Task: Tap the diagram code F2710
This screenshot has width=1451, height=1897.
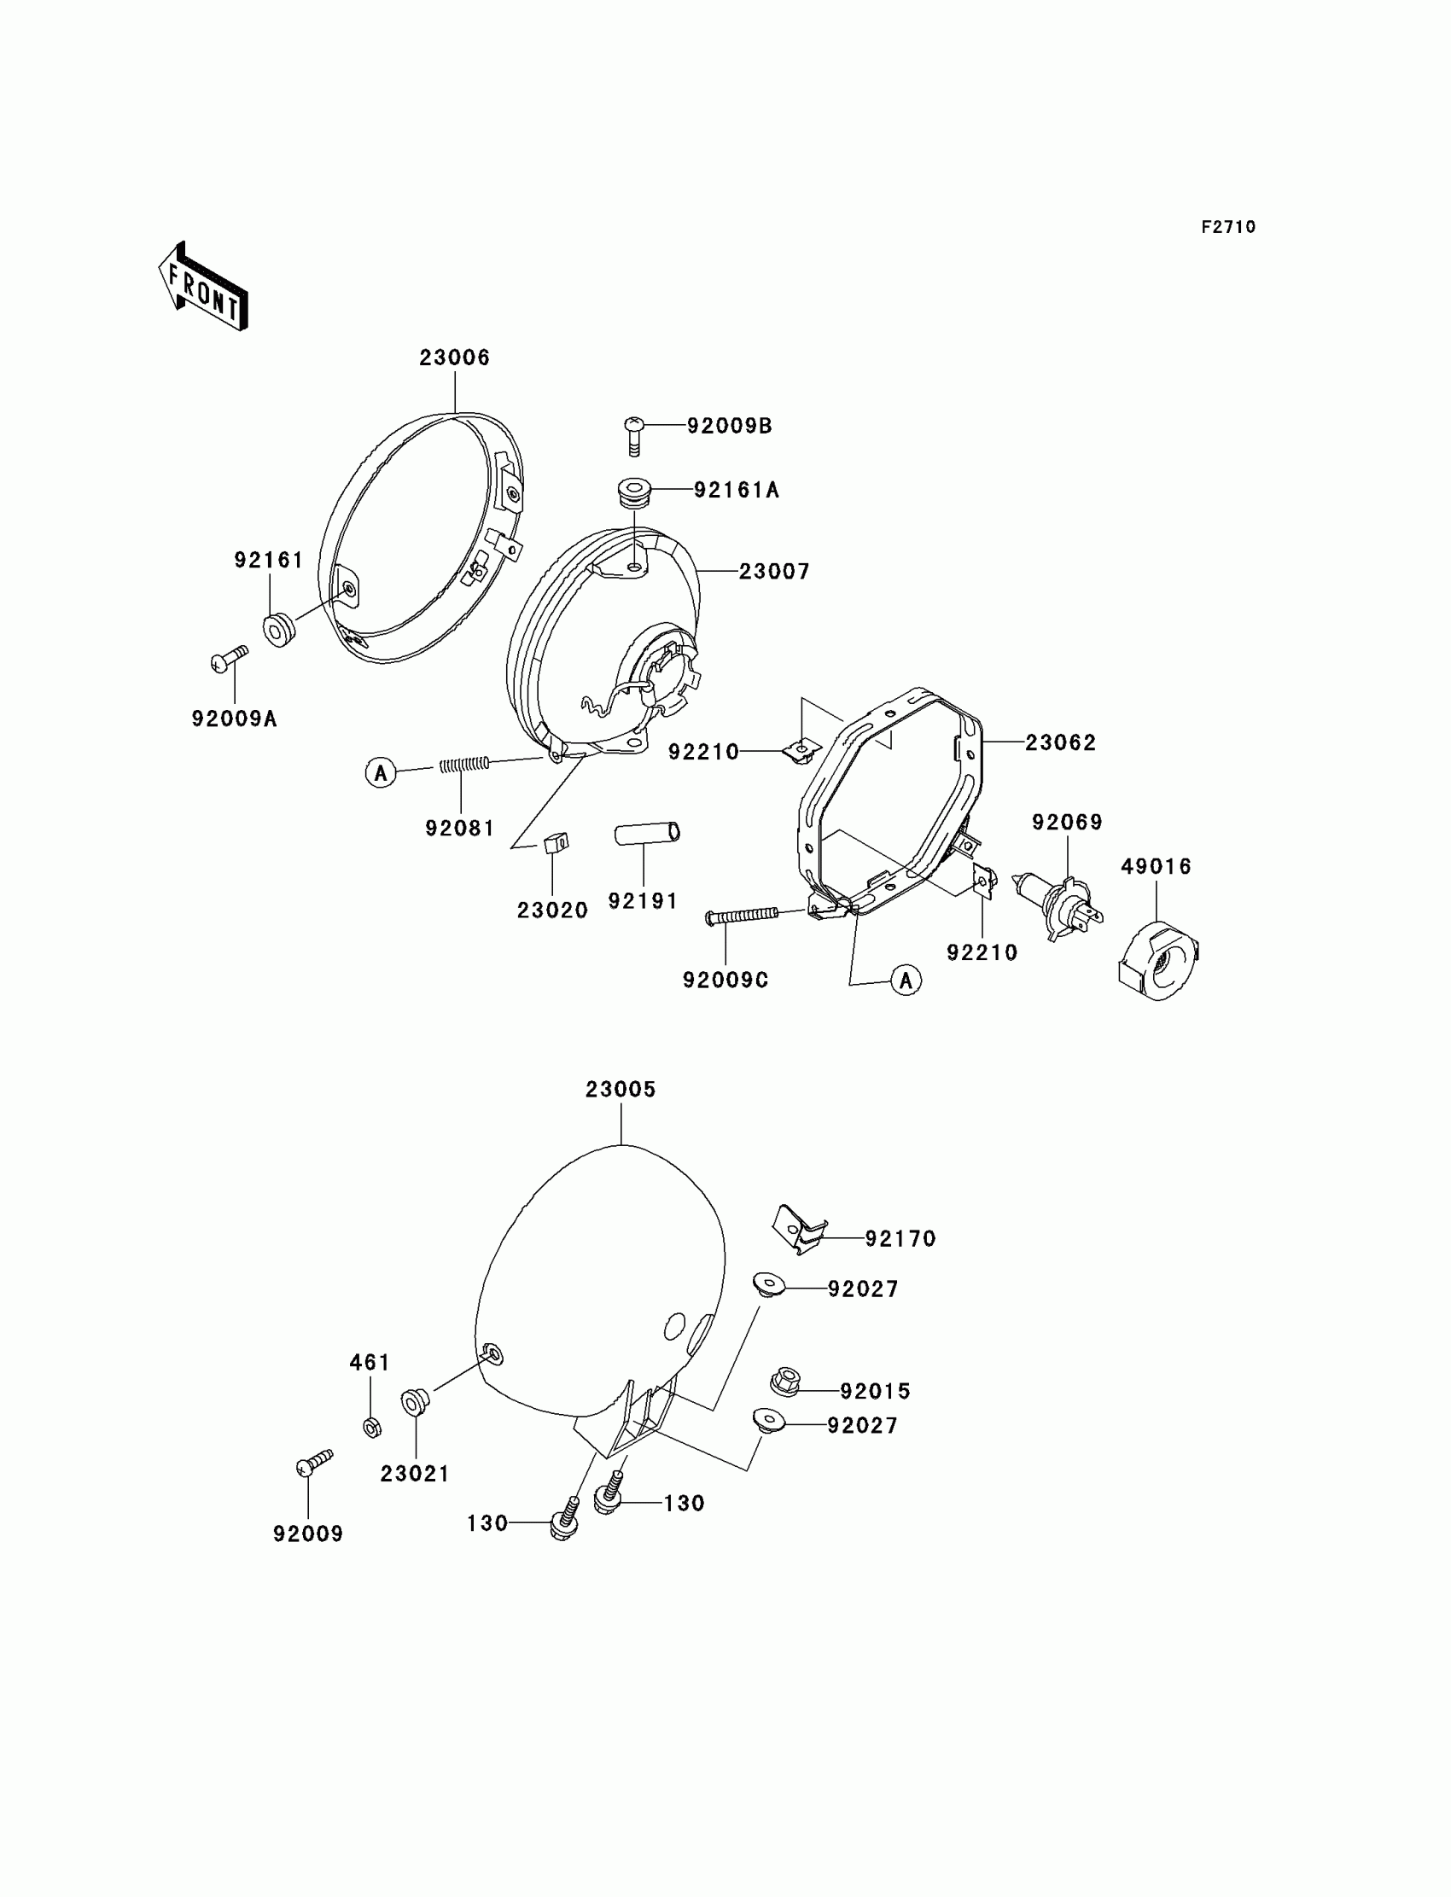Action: (1227, 227)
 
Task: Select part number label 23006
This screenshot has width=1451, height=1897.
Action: (454, 358)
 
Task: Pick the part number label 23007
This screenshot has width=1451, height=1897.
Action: (774, 572)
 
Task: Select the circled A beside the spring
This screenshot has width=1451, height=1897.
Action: (381, 772)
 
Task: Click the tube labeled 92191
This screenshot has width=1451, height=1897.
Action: (647, 833)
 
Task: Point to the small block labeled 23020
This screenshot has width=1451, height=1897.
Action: (557, 841)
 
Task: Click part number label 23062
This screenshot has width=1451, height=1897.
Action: (1060, 742)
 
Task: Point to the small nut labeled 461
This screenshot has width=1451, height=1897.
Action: (372, 1427)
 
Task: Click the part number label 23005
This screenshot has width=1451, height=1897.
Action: (621, 1090)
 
